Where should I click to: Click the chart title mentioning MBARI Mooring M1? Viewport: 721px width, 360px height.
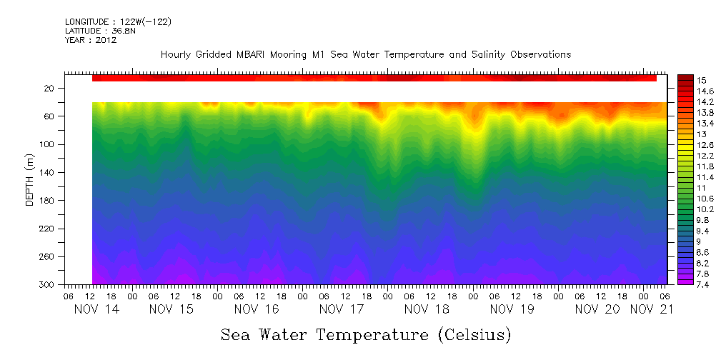366,55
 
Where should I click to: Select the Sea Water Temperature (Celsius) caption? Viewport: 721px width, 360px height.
366,334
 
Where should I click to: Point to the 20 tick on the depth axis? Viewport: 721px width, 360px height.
50,89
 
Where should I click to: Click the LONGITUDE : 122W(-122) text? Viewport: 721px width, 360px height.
118,22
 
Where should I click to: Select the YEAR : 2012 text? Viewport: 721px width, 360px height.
91,41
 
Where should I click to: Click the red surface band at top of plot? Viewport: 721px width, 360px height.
374,78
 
